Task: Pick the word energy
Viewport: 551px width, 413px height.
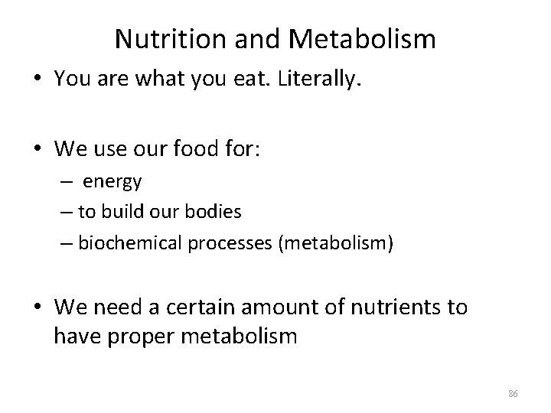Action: point(112,183)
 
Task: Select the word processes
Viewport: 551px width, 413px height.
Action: point(220,244)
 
